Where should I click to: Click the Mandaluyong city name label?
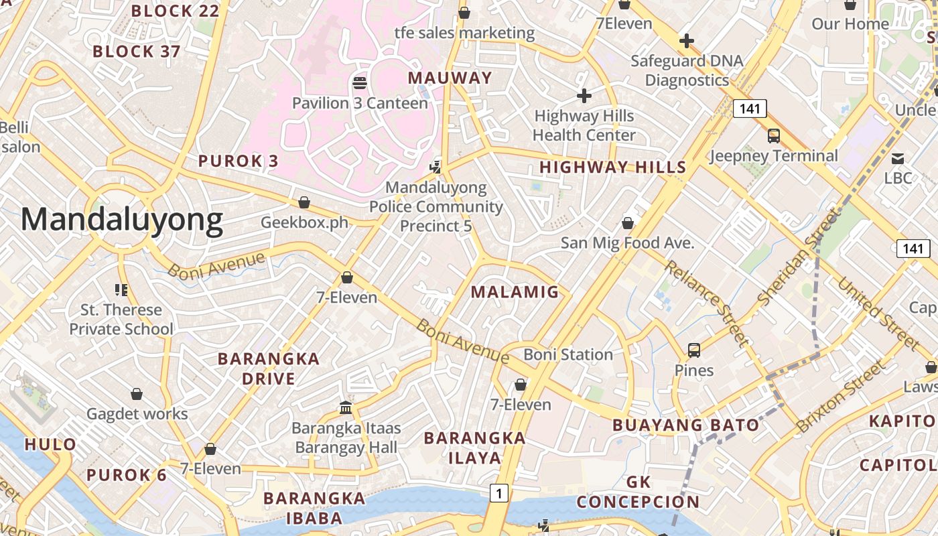click(x=122, y=220)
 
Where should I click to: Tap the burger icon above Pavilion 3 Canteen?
click(x=360, y=83)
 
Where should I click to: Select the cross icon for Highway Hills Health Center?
click(x=584, y=96)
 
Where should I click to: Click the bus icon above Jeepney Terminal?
click(x=774, y=136)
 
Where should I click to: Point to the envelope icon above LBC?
click(x=898, y=159)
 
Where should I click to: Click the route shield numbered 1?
click(x=498, y=493)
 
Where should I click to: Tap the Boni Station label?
click(x=568, y=354)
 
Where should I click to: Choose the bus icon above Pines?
click(x=694, y=350)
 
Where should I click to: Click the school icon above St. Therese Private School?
click(x=121, y=290)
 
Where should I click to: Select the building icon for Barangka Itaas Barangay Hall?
click(x=346, y=407)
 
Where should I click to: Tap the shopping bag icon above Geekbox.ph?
click(x=304, y=202)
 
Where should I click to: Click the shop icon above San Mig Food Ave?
click(x=628, y=222)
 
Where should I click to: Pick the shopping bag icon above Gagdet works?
click(x=137, y=394)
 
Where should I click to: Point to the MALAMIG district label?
click(x=515, y=291)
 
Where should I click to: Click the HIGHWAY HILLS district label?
click(x=613, y=167)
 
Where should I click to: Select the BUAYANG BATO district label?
click(x=686, y=425)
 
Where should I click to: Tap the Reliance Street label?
click(x=706, y=303)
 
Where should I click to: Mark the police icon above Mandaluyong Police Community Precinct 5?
click(x=436, y=166)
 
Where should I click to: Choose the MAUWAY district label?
click(x=450, y=78)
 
